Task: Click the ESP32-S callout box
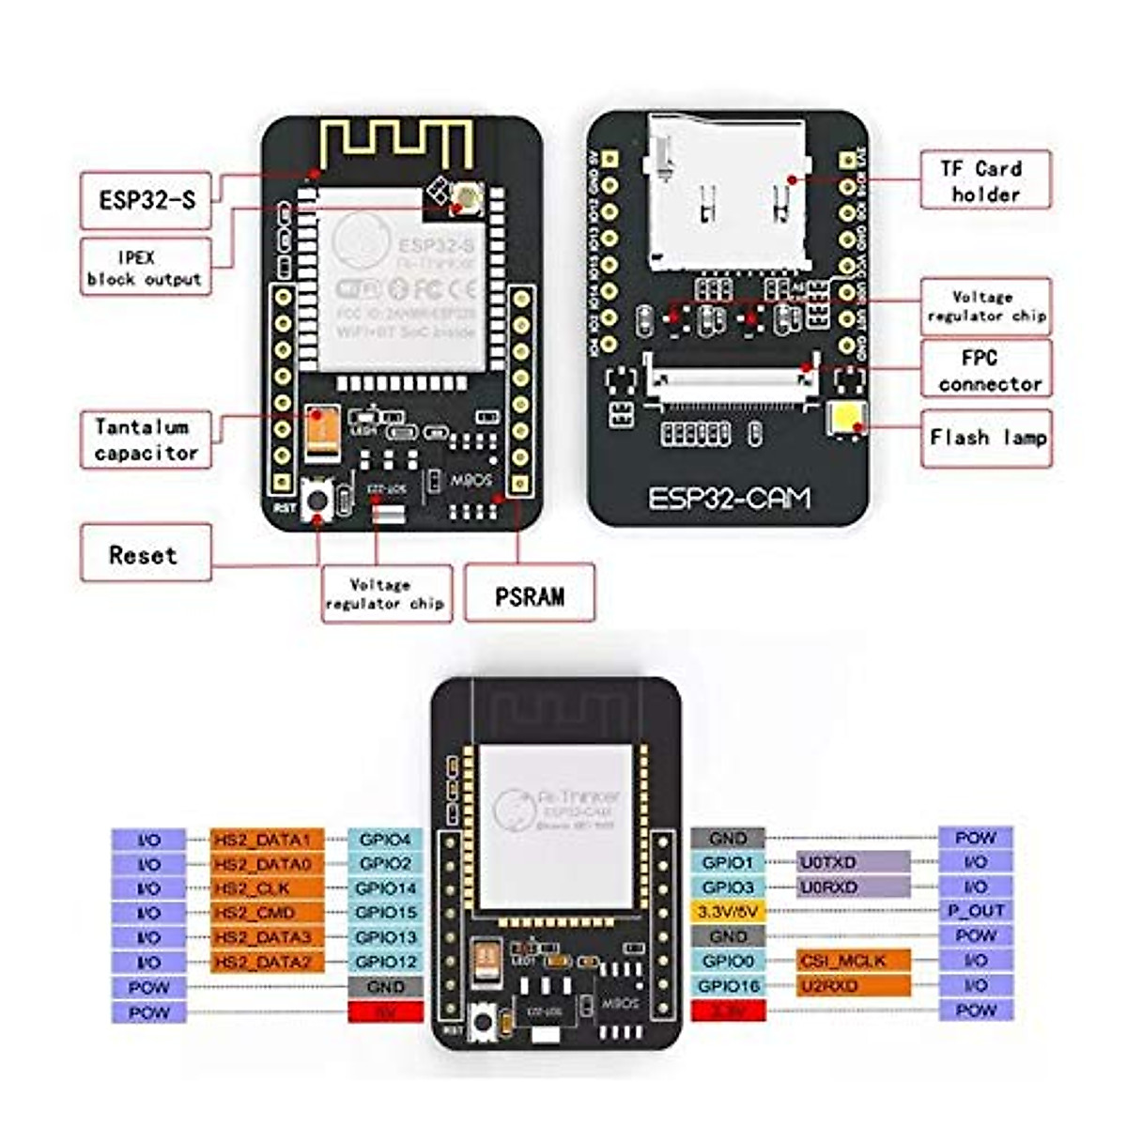(148, 200)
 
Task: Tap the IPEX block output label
(145, 268)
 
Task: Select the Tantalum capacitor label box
(145, 440)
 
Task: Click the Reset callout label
(144, 554)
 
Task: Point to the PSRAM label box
(530, 594)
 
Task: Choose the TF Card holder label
(983, 180)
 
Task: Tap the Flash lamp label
(987, 437)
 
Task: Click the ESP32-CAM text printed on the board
(729, 498)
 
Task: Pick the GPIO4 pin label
(385, 839)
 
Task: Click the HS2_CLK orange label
(253, 888)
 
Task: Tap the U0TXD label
(853, 861)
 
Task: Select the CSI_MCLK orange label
(854, 960)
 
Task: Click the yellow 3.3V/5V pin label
(728, 911)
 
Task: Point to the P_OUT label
(976, 910)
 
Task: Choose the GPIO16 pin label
(728, 985)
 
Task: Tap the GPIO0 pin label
(728, 961)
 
